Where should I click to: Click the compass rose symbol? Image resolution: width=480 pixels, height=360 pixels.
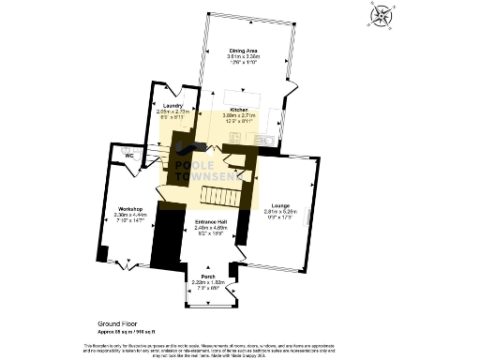coord(382,16)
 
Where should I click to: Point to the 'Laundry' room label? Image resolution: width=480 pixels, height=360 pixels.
coord(172,105)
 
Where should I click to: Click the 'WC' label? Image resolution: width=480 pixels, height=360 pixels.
coord(118,155)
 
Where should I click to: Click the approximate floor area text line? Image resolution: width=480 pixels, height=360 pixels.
coord(126,329)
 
